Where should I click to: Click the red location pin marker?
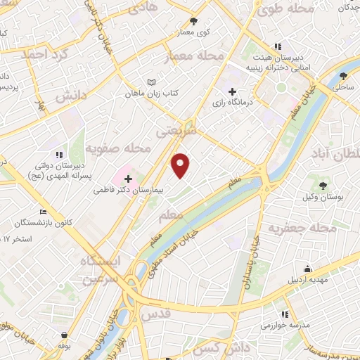(x=181, y=165)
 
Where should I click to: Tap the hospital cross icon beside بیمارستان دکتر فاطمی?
(x=128, y=179)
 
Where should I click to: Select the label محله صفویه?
(x=119, y=149)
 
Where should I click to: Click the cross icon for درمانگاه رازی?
(x=233, y=91)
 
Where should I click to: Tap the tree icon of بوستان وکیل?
(x=323, y=185)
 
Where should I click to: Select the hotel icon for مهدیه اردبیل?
(x=307, y=268)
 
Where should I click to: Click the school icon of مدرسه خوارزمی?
(x=285, y=314)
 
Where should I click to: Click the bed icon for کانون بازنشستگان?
(x=44, y=212)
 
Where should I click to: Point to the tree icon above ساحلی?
(x=344, y=75)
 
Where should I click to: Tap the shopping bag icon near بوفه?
(x=65, y=335)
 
